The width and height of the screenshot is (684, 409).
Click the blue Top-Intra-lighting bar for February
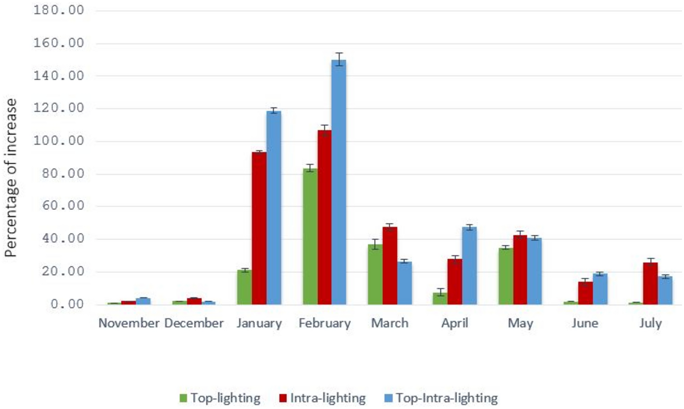click(x=339, y=182)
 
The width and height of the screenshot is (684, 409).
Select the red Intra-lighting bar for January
click(x=259, y=228)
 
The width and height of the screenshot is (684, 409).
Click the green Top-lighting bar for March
click(x=375, y=274)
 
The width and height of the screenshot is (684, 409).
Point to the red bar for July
click(x=650, y=283)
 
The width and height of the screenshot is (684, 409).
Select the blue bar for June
click(x=600, y=289)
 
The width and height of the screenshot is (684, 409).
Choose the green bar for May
click(x=506, y=276)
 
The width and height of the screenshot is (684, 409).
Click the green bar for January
click(x=245, y=287)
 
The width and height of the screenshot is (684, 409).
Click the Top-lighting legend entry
click(x=220, y=398)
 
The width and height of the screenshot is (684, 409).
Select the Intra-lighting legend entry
click(x=323, y=398)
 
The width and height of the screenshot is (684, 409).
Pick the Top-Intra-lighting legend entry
click(x=441, y=398)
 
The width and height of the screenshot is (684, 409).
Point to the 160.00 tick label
click(x=59, y=43)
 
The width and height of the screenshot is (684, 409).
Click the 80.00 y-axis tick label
click(x=63, y=174)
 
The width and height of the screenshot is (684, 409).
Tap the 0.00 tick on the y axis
click(x=68, y=304)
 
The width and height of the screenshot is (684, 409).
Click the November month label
click(x=129, y=323)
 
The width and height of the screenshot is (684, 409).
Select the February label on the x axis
click(x=324, y=323)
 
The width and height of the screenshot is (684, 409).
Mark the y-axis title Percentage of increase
click(x=11, y=178)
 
